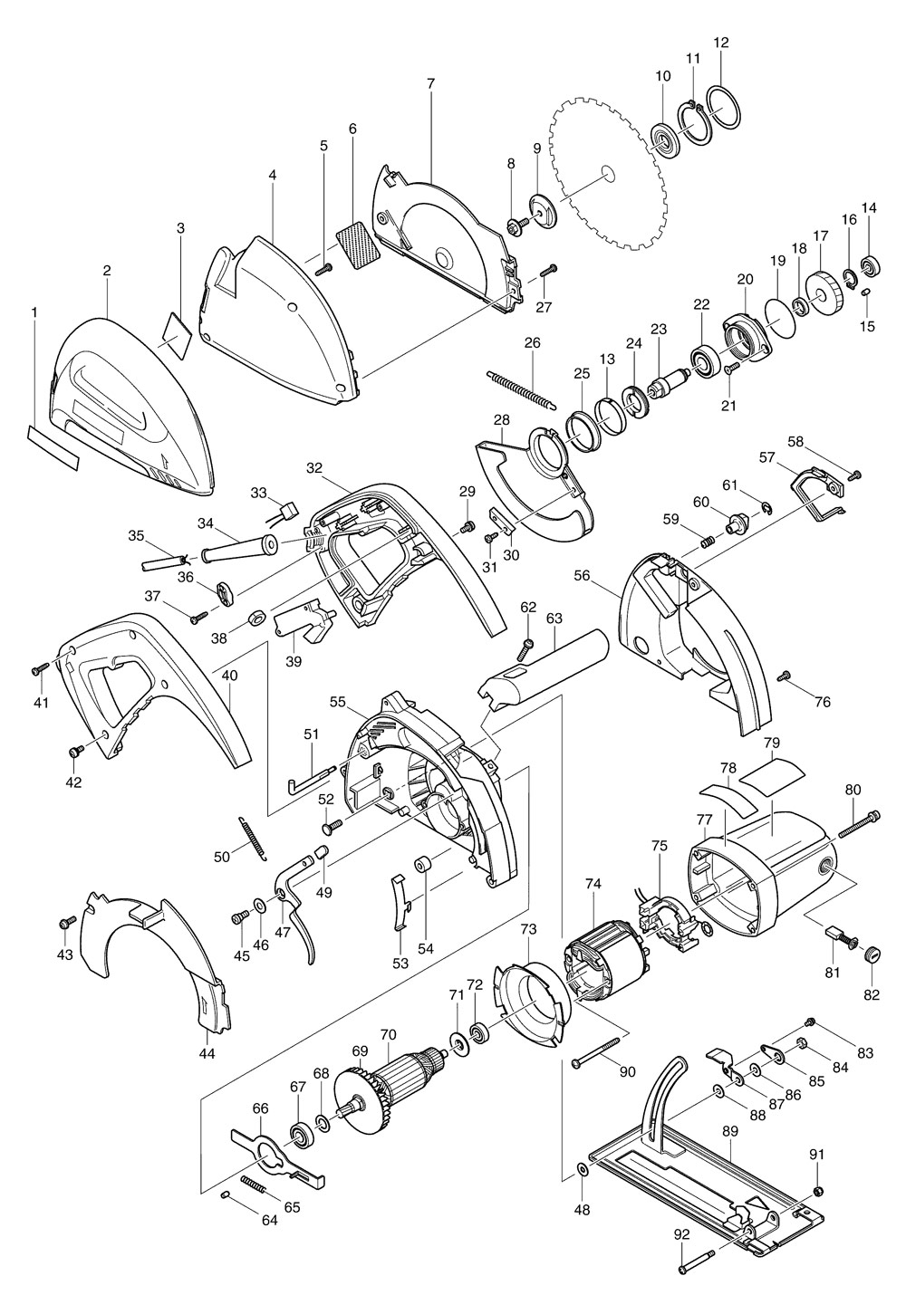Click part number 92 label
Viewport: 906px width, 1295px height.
(682, 1234)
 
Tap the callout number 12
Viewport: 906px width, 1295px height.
(721, 43)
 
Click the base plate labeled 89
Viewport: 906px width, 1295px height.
(698, 1177)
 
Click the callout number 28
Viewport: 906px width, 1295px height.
(502, 420)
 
